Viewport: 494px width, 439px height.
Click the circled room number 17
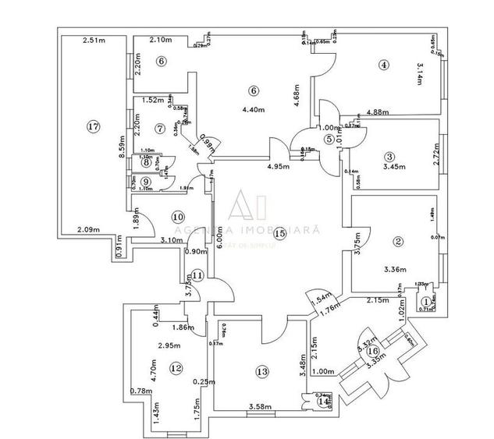pyautogui.click(x=94, y=126)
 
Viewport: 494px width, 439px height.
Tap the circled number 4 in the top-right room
pyautogui.click(x=382, y=65)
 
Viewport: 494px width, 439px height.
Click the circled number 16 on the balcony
pyautogui.click(x=371, y=350)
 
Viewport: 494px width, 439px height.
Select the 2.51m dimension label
pyautogui.click(x=94, y=41)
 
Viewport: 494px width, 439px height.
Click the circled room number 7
pyautogui.click(x=159, y=128)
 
